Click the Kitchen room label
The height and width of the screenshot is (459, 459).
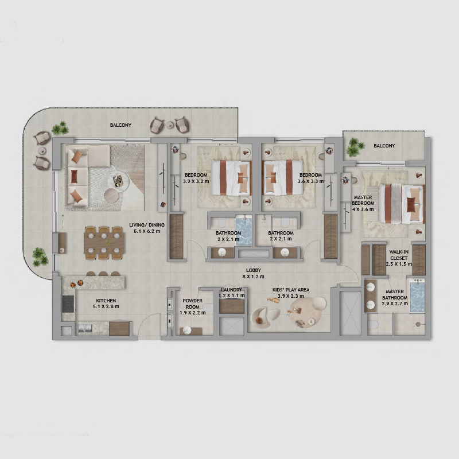coord(106,301)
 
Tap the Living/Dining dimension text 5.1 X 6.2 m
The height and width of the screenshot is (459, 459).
coord(147,231)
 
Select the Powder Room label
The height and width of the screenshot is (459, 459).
coord(193,304)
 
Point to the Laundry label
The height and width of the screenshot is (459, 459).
coord(232,290)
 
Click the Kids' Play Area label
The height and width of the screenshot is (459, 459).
coord(291,290)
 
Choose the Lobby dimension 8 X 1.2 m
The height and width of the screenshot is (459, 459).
coord(254,277)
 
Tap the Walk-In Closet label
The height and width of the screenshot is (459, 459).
coord(399,255)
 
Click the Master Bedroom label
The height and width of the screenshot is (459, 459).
coord(363,200)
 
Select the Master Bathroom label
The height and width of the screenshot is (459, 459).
coord(395,294)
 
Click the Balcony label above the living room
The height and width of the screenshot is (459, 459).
coord(120,125)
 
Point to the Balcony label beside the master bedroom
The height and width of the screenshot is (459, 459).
coord(384,146)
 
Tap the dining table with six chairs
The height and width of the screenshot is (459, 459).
coord(104,243)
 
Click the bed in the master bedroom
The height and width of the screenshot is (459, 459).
coord(402,203)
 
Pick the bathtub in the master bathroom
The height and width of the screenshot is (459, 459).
coord(417,295)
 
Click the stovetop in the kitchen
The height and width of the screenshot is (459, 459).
coord(68,304)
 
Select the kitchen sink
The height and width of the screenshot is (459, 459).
coord(85,328)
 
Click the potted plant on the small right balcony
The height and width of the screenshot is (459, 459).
coord(355,147)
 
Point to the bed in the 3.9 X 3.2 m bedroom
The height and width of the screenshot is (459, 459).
coord(232,178)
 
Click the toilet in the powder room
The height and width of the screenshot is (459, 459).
coord(208,308)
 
